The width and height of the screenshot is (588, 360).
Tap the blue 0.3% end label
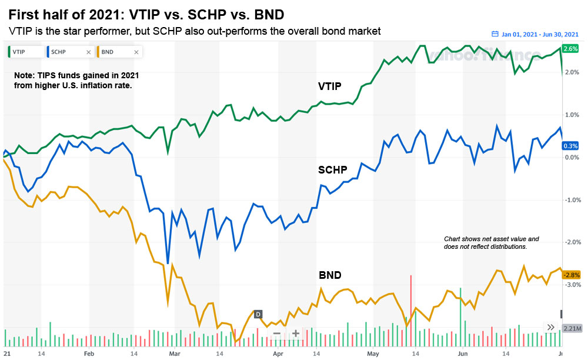tap(570, 145)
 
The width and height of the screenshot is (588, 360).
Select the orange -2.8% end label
tap(570, 275)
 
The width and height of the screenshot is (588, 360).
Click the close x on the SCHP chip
tap(88, 52)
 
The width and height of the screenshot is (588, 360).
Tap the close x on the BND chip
tap(136, 52)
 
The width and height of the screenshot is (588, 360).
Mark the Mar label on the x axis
tap(174, 355)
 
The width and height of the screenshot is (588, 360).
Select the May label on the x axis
tap(373, 355)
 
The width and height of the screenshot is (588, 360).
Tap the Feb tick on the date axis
tap(89, 355)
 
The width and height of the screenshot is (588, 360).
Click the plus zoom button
tap(296, 334)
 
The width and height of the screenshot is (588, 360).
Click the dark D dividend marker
tap(258, 314)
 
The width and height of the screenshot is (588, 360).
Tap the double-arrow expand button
tap(551, 328)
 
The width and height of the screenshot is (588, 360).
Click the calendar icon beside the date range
tap(495, 34)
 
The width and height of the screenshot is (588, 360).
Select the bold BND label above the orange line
tap(330, 275)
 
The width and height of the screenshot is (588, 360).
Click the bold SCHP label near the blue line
tap(333, 170)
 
